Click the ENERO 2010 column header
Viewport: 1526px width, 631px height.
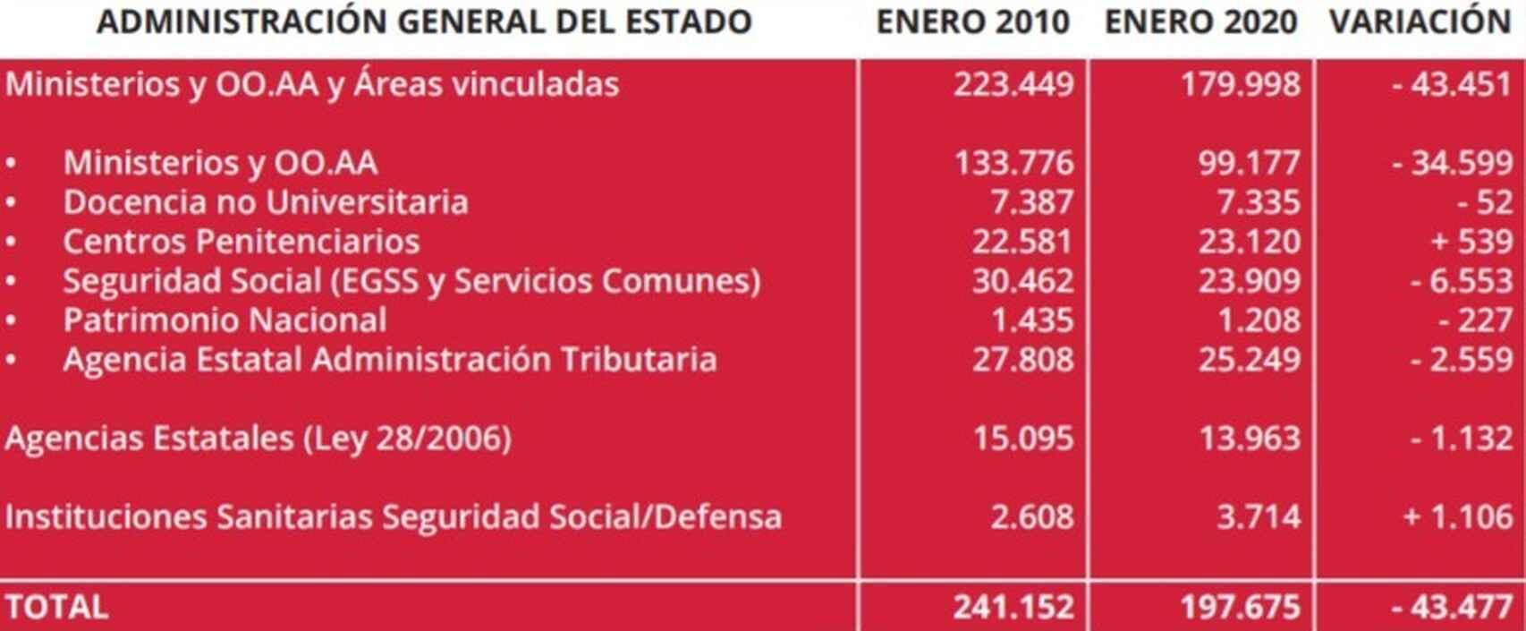[972, 21]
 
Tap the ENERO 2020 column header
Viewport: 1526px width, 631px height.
[1200, 21]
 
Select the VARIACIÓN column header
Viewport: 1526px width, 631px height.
[1420, 21]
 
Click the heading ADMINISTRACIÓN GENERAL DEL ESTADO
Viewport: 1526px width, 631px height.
[424, 21]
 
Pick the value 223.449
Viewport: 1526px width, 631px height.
[1013, 84]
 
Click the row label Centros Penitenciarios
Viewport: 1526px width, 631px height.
[241, 242]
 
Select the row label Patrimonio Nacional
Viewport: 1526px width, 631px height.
[225, 320]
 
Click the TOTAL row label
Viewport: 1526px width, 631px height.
[56, 607]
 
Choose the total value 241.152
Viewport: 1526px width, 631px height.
[1013, 607]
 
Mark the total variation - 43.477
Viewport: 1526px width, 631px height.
[1451, 607]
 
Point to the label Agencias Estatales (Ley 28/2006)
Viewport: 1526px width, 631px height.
[258, 439]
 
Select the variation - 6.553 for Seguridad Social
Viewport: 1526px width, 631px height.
[1461, 281]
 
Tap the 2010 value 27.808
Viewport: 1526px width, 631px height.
[1022, 360]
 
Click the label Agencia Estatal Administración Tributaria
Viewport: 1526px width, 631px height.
[389, 360]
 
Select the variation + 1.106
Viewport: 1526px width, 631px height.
[1457, 516]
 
